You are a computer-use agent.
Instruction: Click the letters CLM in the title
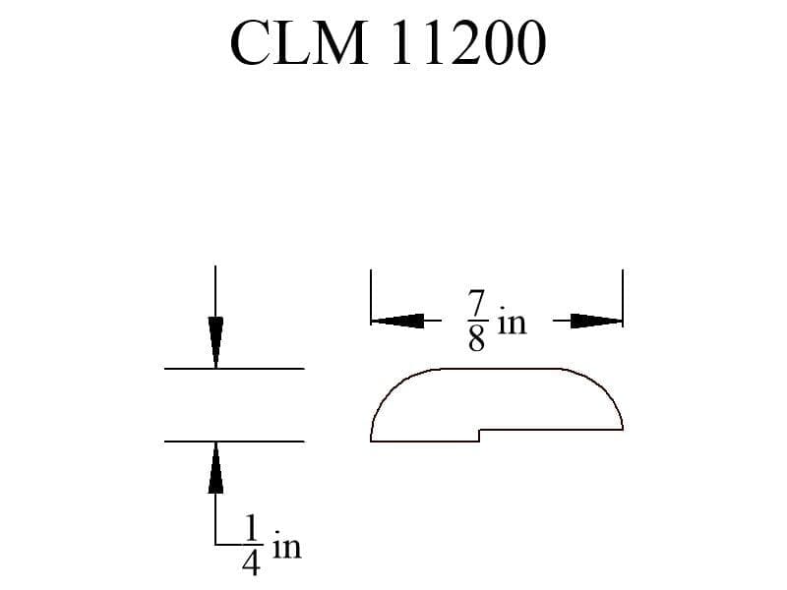pos(298,42)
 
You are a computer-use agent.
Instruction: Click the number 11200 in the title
pos(468,42)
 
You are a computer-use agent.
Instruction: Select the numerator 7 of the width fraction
pos(476,303)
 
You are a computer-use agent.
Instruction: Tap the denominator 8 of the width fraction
pos(476,337)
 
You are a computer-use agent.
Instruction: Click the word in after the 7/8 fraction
pos(512,323)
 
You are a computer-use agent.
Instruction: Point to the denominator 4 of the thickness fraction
pos(251,562)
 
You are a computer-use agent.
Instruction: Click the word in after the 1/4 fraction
pos(287,547)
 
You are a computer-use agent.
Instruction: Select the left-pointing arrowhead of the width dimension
pos(397,321)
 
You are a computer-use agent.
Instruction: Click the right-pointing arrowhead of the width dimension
pos(596,321)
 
